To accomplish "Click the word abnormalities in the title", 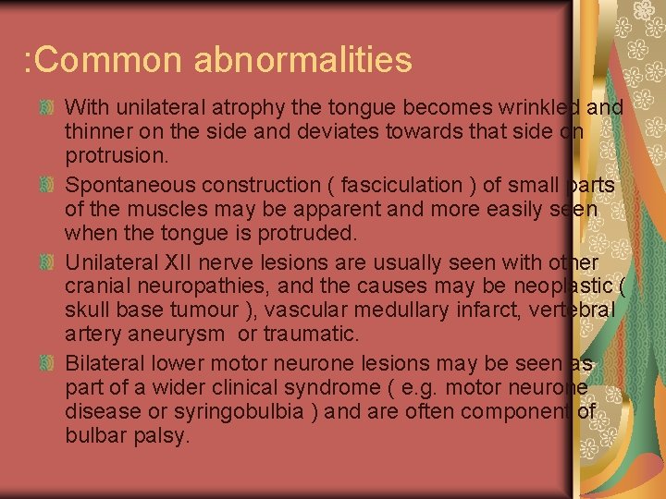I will [x=302, y=59].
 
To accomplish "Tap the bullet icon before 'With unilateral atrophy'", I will [x=53, y=108].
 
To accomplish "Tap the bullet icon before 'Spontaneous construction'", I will [x=53, y=186].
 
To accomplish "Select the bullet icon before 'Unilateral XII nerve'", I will [x=53, y=262].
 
